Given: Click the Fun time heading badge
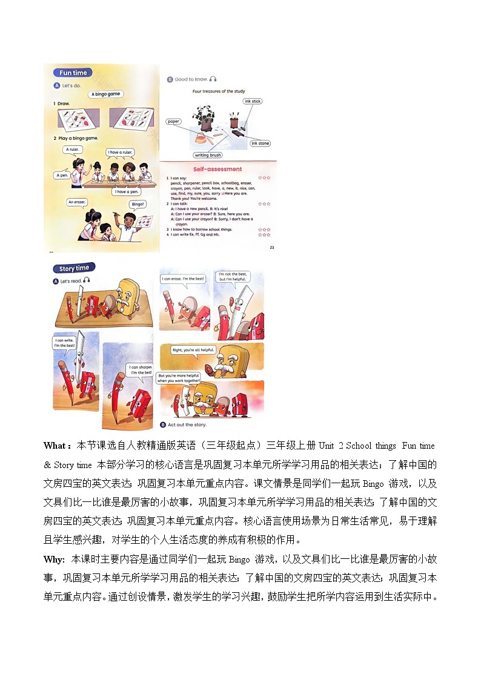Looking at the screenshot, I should [73, 73].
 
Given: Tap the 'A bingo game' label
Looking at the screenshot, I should [106, 94].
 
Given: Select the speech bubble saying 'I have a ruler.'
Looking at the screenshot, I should [120, 153].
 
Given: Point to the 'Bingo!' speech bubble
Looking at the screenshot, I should [138, 204].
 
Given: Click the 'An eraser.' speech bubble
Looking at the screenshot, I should [78, 202].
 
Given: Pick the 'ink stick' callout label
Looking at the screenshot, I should [253, 101].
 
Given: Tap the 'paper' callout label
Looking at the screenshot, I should [174, 122].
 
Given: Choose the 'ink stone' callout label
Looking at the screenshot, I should [260, 144].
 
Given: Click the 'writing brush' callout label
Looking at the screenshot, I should [208, 155].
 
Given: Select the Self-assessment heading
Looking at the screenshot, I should [217, 169].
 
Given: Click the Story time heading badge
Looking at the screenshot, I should [74, 268].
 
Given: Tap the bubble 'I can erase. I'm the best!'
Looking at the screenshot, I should [183, 279].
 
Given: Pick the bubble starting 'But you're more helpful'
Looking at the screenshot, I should [179, 378].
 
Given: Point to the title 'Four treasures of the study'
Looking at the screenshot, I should [217, 91].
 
